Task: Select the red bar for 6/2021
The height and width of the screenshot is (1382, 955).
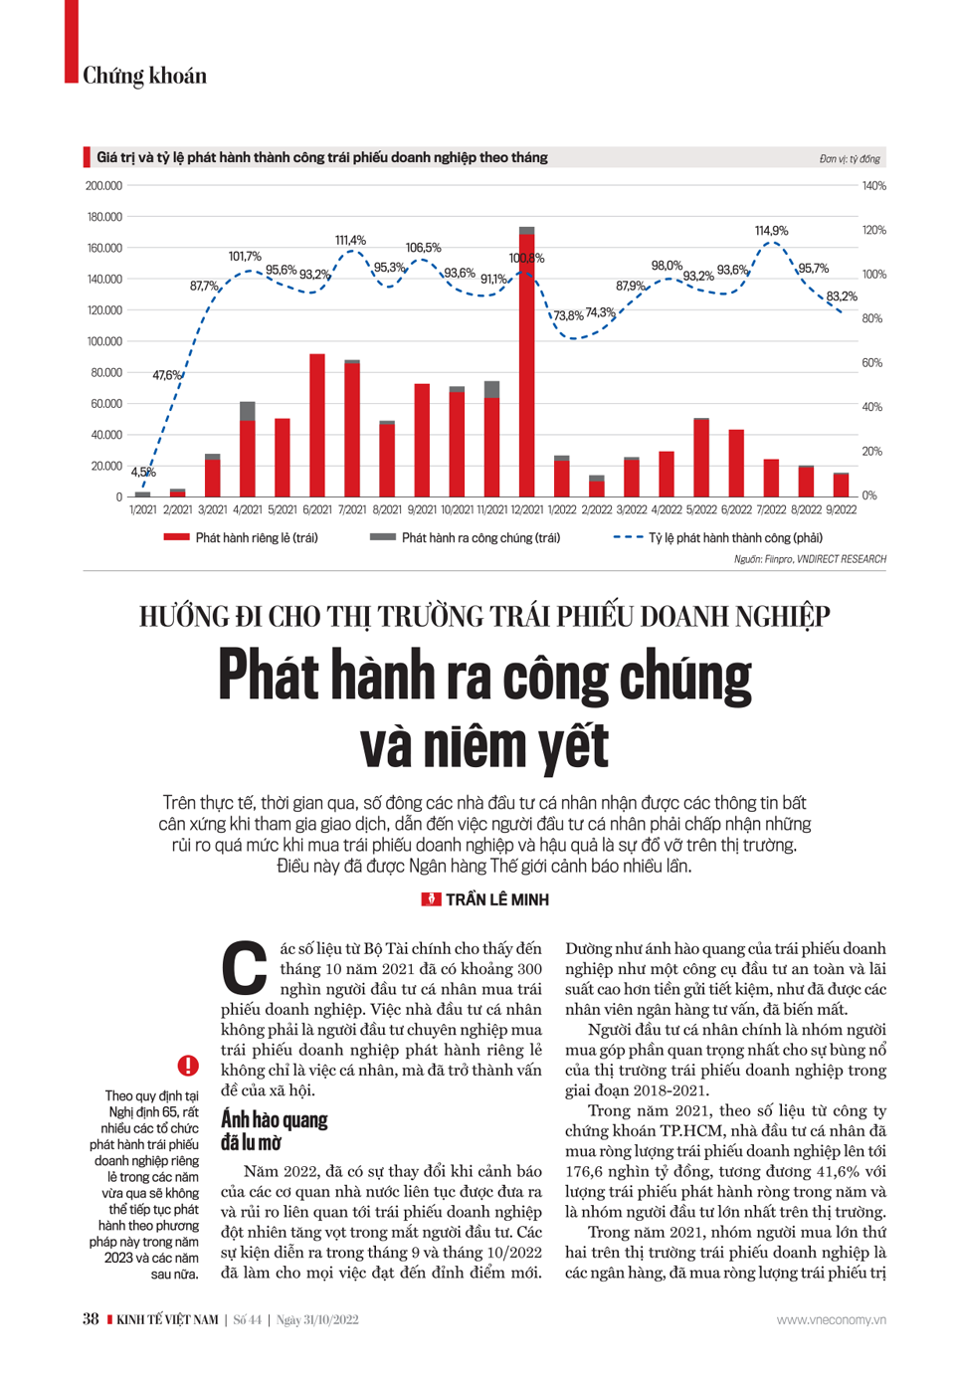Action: click(317, 425)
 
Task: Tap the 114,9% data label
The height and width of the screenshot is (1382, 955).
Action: click(771, 231)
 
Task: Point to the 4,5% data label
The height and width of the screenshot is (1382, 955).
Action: click(143, 473)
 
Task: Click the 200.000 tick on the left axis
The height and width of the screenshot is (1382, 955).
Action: click(103, 186)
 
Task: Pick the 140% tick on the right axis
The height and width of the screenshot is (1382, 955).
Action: click(873, 186)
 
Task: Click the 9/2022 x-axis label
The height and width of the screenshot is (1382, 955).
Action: click(841, 509)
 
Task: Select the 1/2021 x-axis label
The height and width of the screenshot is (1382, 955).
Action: click(143, 509)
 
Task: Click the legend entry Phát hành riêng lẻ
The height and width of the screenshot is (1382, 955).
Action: click(241, 538)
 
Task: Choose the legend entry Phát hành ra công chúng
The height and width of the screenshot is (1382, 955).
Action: click(465, 538)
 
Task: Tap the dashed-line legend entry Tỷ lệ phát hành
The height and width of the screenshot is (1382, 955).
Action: click(718, 538)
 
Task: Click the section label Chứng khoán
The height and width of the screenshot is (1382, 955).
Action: click(144, 76)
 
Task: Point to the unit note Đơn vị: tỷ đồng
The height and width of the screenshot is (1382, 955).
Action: click(850, 159)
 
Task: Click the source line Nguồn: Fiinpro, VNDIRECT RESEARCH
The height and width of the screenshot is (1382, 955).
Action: click(810, 559)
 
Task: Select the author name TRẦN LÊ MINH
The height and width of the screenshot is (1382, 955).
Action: click(496, 899)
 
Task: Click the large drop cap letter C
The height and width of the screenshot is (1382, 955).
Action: click(244, 968)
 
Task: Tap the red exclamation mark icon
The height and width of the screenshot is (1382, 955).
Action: click(188, 1066)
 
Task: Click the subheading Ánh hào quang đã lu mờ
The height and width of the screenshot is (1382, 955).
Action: click(274, 1129)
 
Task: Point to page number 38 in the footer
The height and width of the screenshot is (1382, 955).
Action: click(91, 1319)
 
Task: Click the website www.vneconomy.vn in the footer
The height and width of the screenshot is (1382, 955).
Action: click(831, 1319)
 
